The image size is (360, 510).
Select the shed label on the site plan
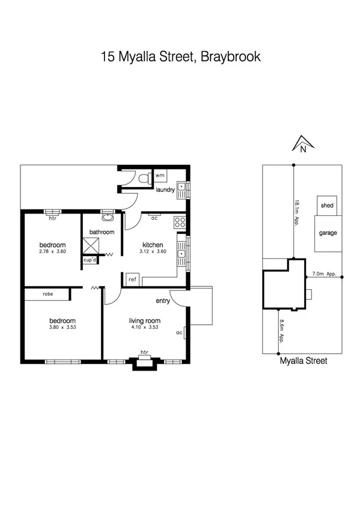pyautogui.click(x=327, y=206)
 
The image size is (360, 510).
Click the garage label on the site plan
pyautogui.click(x=328, y=233)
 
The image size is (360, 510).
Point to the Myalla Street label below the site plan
pyautogui.click(x=304, y=361)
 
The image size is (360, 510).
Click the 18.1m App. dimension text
pyautogui.click(x=297, y=212)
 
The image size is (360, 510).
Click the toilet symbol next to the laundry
pyautogui.click(x=144, y=179)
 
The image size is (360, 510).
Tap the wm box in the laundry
pyautogui.click(x=160, y=176)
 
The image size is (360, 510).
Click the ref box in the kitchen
pyautogui.click(x=132, y=280)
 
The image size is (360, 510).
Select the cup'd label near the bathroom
pyautogui.click(x=90, y=260)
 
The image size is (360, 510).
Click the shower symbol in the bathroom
pyautogui.click(x=91, y=246)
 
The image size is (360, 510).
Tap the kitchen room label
pyautogui.click(x=153, y=245)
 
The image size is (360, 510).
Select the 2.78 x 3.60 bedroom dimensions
pyautogui.click(x=52, y=252)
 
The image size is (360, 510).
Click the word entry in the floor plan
pyautogui.click(x=163, y=301)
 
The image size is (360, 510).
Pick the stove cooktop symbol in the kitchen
pyautogui.click(x=179, y=223)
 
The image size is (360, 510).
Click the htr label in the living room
pyautogui.click(x=144, y=352)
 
